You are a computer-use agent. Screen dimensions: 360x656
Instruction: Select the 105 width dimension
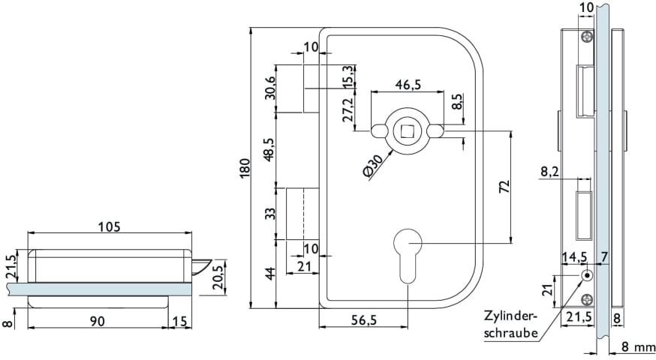[109, 226]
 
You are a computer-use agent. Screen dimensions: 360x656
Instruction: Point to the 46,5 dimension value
[407, 85]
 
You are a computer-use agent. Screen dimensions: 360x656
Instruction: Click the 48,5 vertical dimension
[269, 148]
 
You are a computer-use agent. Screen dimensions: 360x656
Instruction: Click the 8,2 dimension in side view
[549, 172]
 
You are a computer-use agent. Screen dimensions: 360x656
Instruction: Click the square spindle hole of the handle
[408, 131]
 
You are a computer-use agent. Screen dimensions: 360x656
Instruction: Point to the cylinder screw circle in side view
[586, 276]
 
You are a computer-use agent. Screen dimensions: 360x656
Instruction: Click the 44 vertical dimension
[269, 274]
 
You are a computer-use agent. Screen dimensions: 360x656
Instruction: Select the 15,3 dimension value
[348, 76]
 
